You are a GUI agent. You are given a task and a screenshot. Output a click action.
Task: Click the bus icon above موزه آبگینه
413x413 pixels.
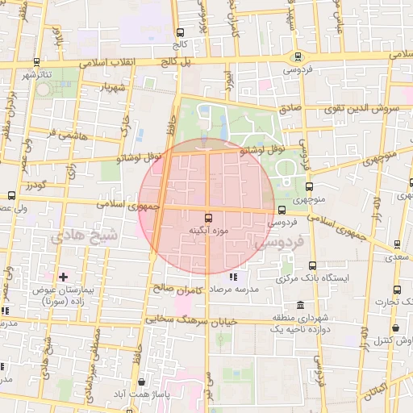[x=209, y=218]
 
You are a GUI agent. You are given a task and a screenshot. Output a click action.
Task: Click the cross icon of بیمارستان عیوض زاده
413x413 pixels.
[x=63, y=276]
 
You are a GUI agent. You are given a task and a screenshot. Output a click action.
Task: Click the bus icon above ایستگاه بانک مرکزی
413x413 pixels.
[x=311, y=265]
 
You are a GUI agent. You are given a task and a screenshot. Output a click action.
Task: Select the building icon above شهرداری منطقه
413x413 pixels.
[x=300, y=306]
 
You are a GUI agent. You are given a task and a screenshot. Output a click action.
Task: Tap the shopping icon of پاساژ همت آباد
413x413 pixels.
[x=142, y=382]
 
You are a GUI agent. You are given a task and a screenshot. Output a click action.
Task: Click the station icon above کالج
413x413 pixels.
[x=179, y=32]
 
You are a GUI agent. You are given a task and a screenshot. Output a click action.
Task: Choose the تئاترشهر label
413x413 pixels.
[x=36, y=74]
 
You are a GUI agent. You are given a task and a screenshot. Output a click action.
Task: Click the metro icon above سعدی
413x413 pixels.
[x=394, y=244]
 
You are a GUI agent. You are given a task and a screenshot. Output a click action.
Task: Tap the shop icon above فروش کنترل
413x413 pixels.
[x=396, y=328]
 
